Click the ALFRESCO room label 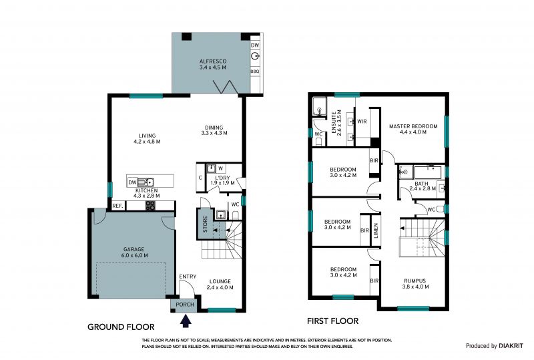pos(213,61)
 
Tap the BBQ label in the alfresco pos(255,71)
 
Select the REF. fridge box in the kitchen pos(118,206)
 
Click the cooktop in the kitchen pos(151,206)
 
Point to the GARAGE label pos(134,249)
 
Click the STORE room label pos(205,224)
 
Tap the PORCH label pos(185,305)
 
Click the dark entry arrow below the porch pos(186,321)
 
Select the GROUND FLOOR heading pos(121,327)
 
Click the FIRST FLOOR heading pos(332,321)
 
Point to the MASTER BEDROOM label pos(413,126)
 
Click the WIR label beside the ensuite pos(362,122)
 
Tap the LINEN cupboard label pos(376,230)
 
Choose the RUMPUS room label pos(415,281)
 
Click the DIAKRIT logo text pos(511,346)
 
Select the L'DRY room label pos(222,178)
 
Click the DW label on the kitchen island pos(132,183)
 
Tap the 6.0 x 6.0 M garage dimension pos(134,255)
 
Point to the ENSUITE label pos(334,122)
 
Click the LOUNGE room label pos(220,281)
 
